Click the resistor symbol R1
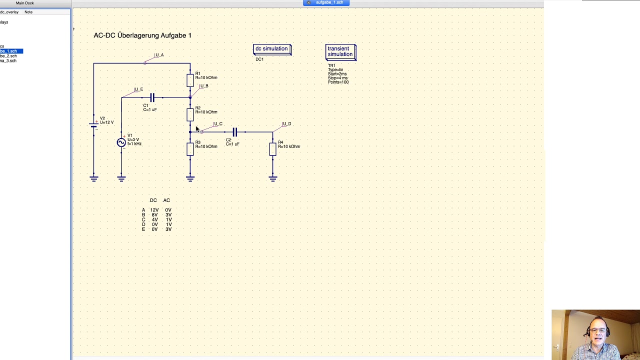point(190,80)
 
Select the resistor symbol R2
point(190,114)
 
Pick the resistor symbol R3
point(190,149)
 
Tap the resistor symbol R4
point(272,149)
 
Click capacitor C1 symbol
point(152,97)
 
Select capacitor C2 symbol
point(234,132)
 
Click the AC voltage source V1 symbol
point(121,142)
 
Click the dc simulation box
point(272,49)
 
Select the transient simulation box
point(340,51)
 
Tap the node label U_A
point(159,55)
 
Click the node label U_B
point(203,86)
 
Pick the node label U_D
point(286,124)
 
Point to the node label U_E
point(138,89)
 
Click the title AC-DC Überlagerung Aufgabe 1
point(142,35)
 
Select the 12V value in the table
point(154,210)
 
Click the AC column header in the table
point(166,200)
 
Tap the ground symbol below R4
point(272,178)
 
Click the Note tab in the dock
point(28,12)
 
